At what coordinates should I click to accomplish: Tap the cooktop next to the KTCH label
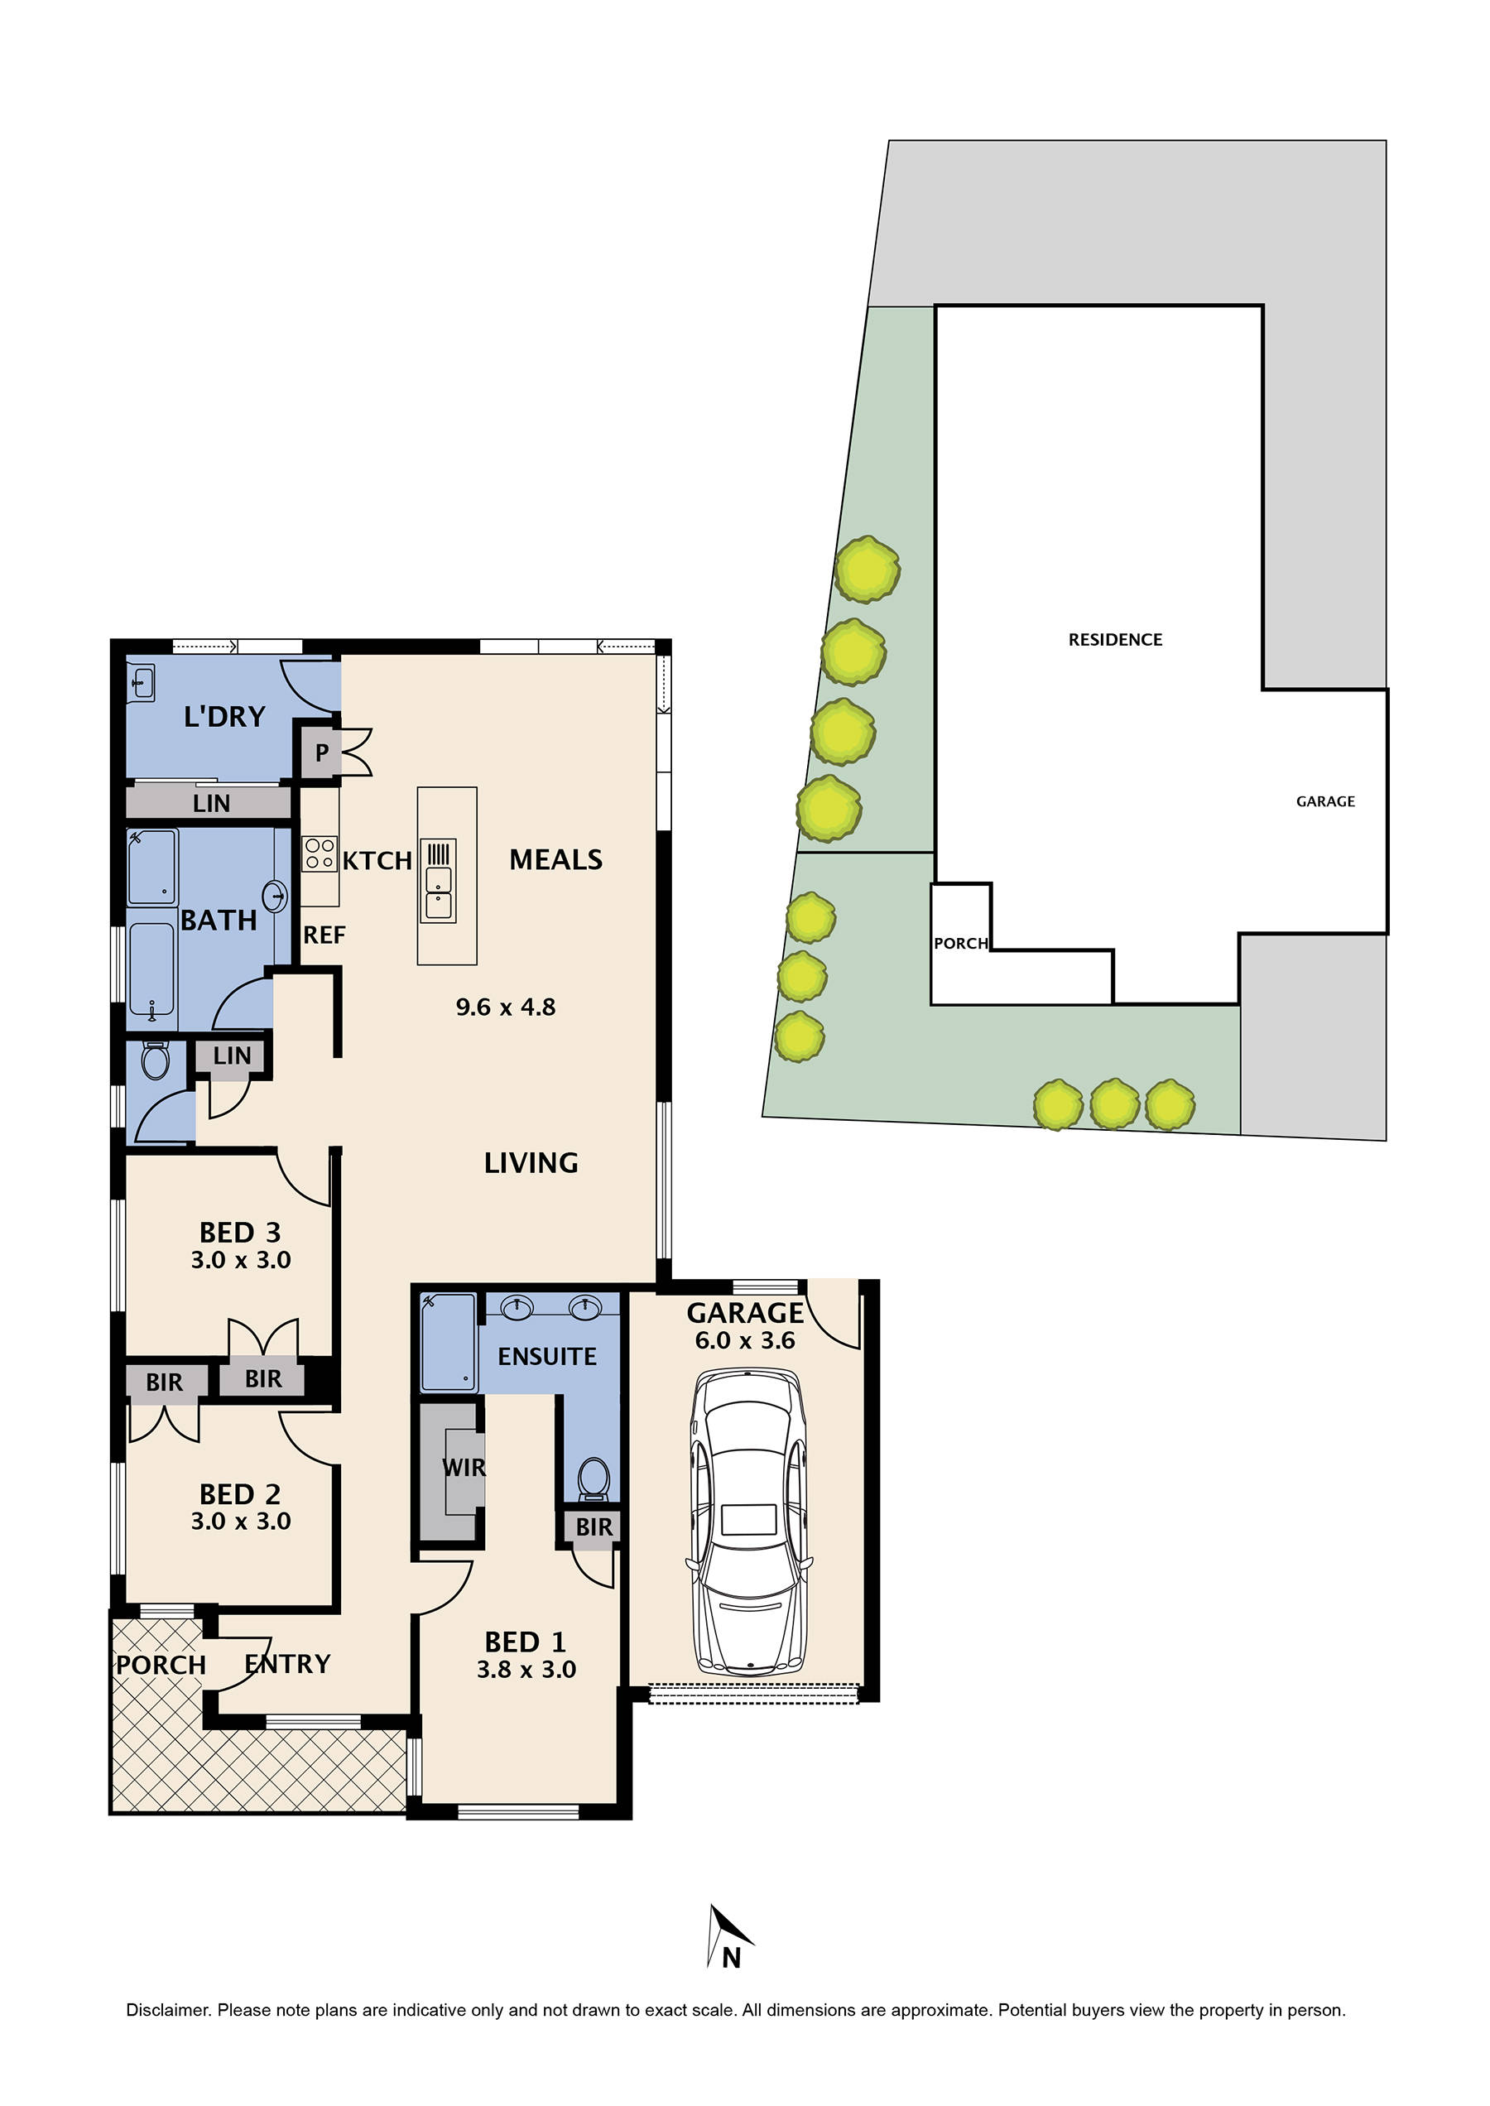point(320,853)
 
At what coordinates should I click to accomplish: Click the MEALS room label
point(555,860)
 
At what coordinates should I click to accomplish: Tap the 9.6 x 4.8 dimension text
point(506,1007)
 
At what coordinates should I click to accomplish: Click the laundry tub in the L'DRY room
point(142,684)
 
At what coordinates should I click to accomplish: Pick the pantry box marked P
point(321,752)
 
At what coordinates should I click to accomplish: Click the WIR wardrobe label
point(464,1469)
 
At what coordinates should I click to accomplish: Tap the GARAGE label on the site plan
point(1324,801)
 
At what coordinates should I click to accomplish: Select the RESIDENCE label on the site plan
point(1115,640)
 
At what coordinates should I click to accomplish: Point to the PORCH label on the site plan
point(959,944)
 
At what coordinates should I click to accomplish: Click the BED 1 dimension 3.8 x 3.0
point(526,1669)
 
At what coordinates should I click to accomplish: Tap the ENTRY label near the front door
point(287,1664)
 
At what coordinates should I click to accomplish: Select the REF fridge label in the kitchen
point(324,935)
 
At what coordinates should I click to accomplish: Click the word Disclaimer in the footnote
point(168,2010)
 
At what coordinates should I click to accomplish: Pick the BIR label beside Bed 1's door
point(594,1527)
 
